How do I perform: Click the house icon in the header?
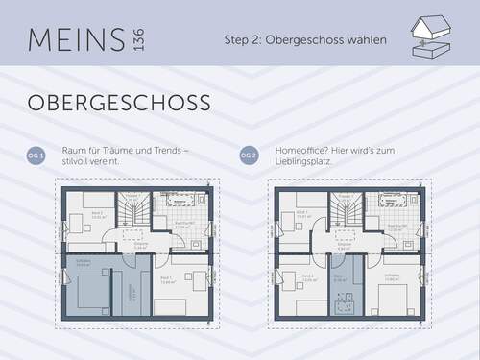pyautogui.click(x=431, y=36)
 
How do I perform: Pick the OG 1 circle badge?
pyautogui.click(x=36, y=156)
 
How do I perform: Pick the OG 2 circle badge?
pyautogui.click(x=247, y=156)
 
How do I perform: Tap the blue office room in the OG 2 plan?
pyautogui.click(x=342, y=288)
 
